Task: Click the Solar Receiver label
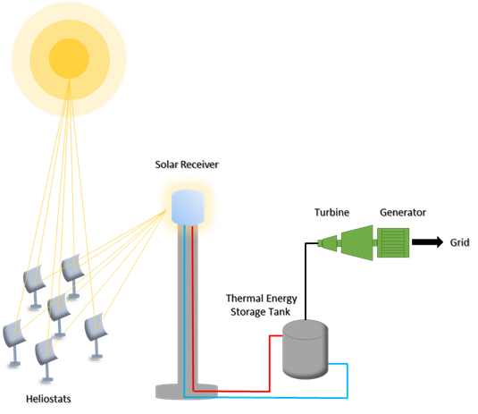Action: coord(187,165)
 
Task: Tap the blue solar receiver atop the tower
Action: coord(188,207)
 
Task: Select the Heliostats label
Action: coord(48,399)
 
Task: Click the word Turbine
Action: coord(331,212)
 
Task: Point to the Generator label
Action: coord(403,212)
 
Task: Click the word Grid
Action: coord(459,242)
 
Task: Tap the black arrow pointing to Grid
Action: coord(427,242)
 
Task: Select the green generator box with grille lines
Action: coord(393,243)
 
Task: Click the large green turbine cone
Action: coord(357,243)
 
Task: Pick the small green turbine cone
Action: coord(329,243)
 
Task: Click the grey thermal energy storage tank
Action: coord(306,350)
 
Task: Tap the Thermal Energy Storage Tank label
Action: coord(261,305)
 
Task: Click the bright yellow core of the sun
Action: coord(69,59)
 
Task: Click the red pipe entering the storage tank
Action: coord(270,363)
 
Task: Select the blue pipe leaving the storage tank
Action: coord(348,381)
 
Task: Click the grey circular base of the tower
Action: coord(187,392)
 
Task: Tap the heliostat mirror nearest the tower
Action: coord(96,329)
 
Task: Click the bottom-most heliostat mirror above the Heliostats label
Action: coord(46,351)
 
